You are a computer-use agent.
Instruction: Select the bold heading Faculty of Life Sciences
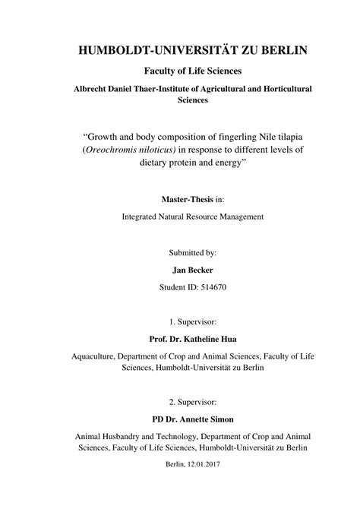pyautogui.click(x=180, y=71)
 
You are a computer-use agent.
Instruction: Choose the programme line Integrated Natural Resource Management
pyautogui.click(x=180, y=217)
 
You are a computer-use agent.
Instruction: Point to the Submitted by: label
pyautogui.click(x=180, y=251)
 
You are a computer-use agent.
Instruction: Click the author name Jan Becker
pyautogui.click(x=180, y=268)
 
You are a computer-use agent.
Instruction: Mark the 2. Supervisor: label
pyautogui.click(x=180, y=402)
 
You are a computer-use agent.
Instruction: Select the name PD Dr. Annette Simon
pyautogui.click(x=180, y=419)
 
